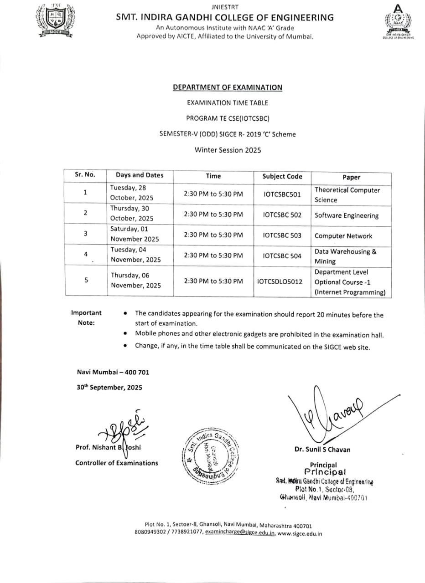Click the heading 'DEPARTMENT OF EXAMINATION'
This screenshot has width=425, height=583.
(x=227, y=87)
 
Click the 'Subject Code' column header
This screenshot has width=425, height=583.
(x=282, y=176)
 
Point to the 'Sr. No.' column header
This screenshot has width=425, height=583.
(x=85, y=174)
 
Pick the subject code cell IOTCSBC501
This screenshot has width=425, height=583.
(x=282, y=194)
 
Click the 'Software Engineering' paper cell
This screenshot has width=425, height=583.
(x=347, y=216)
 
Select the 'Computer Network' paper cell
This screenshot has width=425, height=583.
(x=343, y=236)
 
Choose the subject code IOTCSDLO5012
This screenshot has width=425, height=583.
(x=280, y=281)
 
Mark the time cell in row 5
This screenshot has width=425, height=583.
(x=213, y=281)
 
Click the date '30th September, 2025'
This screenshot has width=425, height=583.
(x=109, y=388)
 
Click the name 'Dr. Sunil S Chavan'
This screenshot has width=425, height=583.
(x=322, y=450)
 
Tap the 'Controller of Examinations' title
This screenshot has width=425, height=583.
(x=117, y=463)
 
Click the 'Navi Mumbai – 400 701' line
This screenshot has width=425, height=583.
(x=113, y=372)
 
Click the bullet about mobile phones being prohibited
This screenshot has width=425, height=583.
(x=259, y=335)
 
